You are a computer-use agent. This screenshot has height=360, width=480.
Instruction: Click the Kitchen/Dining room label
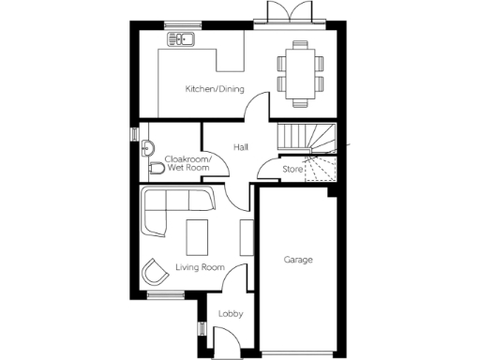(x=215, y=89)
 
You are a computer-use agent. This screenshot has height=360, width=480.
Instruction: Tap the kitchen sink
(x=180, y=39)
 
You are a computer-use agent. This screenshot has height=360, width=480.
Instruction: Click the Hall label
(x=241, y=147)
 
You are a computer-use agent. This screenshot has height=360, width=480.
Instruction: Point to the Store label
(x=292, y=169)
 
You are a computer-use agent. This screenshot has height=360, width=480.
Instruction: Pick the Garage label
(x=298, y=259)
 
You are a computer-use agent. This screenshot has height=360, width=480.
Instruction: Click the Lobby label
(x=231, y=314)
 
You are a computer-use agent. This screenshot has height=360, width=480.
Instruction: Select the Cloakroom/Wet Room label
(x=188, y=164)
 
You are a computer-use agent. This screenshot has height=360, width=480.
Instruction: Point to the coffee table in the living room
(x=198, y=235)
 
